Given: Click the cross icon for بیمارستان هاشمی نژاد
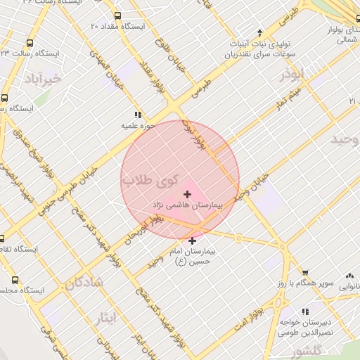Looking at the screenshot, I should [x=187, y=194].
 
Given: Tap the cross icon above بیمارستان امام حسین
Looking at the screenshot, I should [x=192, y=240].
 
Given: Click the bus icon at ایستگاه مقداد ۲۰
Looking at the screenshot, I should [x=117, y=15].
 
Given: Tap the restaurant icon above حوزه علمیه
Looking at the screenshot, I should [x=138, y=114].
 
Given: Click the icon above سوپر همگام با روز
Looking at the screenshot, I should [x=305, y=273].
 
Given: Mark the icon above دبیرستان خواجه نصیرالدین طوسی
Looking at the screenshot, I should [x=305, y=311].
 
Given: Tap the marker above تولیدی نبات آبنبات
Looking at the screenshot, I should [x=260, y=32].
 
